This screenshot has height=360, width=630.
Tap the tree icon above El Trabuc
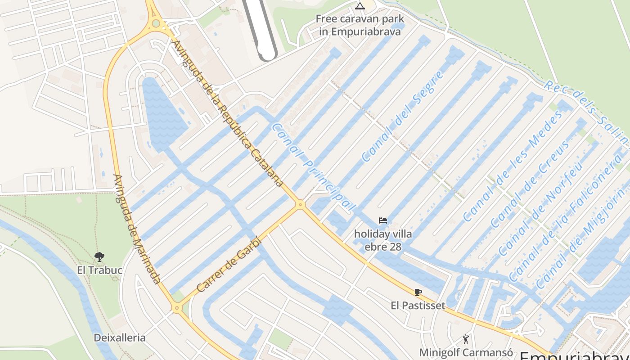click(x=99, y=257)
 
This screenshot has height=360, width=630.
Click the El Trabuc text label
click(x=99, y=270)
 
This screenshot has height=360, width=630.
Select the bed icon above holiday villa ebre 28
click(x=383, y=220)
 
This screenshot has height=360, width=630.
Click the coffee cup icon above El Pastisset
click(x=418, y=292)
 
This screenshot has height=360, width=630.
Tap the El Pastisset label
click(x=418, y=306)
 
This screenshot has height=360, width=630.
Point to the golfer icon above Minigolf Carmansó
click(x=466, y=339)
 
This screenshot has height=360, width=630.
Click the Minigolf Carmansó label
click(x=466, y=352)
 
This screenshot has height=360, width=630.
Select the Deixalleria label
click(x=120, y=337)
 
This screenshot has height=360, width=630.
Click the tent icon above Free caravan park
click(x=359, y=6)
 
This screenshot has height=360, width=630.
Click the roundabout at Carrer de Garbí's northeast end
click(x=300, y=205)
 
